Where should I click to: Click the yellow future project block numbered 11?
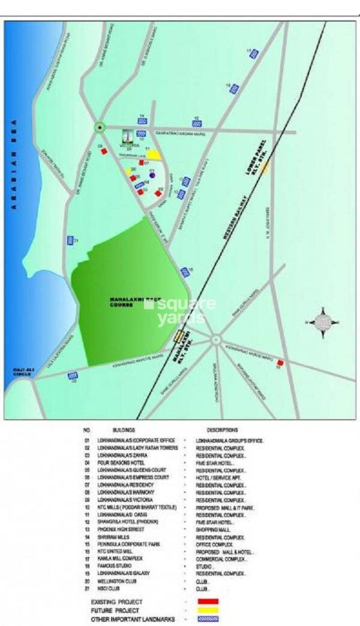154,155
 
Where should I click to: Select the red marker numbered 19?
280,363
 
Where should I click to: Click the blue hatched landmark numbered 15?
196,122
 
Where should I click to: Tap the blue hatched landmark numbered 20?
73,375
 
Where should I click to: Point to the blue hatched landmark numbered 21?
70,240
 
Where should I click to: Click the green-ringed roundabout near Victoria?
99,127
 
